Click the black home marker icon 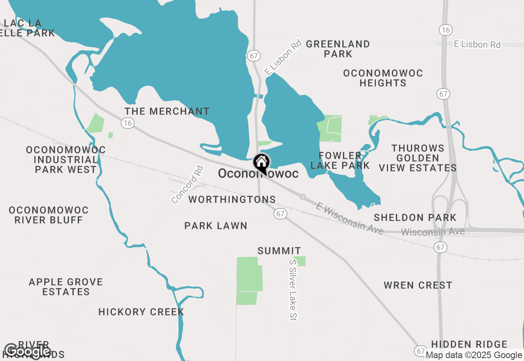click(x=262, y=163)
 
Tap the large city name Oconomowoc click(x=258, y=174)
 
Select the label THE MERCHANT click(x=167, y=111)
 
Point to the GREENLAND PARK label click(x=338, y=49)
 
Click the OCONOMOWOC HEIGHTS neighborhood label click(x=383, y=78)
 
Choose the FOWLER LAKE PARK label click(x=340, y=160)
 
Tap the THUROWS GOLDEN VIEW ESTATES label click(x=418, y=158)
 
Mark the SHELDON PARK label click(x=415, y=217)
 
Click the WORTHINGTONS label click(x=232, y=200)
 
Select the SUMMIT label click(x=280, y=251)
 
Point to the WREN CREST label click(x=418, y=285)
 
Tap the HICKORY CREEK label click(x=141, y=312)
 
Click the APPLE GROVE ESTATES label click(x=66, y=287)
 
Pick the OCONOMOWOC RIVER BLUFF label click(x=49, y=215)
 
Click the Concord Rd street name click(x=187, y=184)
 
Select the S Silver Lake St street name click(x=293, y=290)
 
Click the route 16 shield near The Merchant click(x=128, y=123)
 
